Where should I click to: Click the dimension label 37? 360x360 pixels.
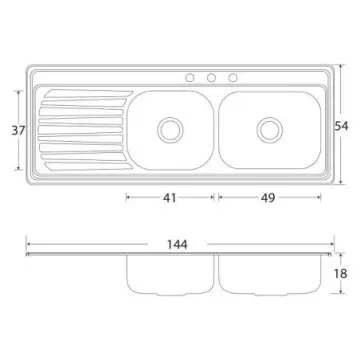tap(18, 130)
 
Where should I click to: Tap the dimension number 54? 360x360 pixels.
tap(341, 126)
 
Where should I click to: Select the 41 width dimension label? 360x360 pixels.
tap(170, 198)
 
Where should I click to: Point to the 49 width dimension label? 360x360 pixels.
tap(268, 198)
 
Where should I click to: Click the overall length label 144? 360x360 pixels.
tap(177, 245)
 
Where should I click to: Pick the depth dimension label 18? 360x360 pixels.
tap(341, 274)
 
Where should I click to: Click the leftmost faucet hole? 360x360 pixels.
tap(190, 78)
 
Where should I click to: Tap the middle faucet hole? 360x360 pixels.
tap(211, 78)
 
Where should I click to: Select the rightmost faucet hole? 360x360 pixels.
tap(233, 78)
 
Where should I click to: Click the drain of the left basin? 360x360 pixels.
tap(170, 130)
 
